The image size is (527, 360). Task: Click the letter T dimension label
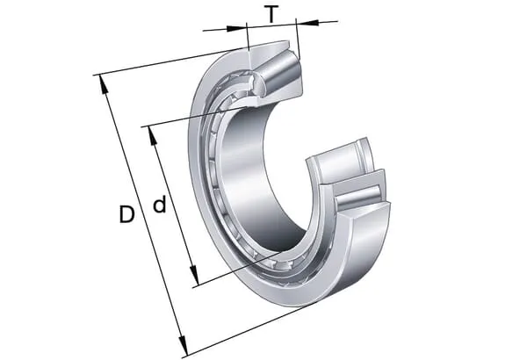tap(271, 14)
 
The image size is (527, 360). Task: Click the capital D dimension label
tap(126, 214)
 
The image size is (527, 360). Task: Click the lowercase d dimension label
tap(160, 205)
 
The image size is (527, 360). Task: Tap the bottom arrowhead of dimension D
tap(183, 346)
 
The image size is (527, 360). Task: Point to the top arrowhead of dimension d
tap(152, 136)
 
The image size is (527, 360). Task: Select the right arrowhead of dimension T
tap(307, 23)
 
